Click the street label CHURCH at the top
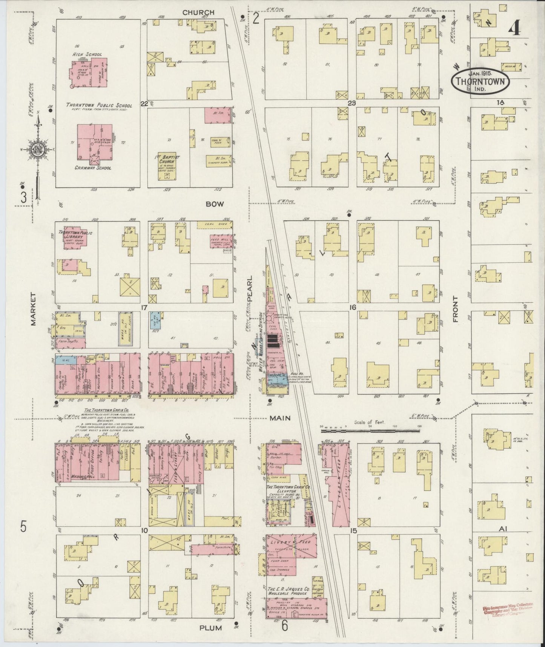[x=198, y=12]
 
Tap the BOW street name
[x=215, y=204]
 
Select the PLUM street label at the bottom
[x=211, y=628]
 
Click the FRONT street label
[x=455, y=309]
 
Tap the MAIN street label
[x=279, y=418]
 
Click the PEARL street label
[x=249, y=291]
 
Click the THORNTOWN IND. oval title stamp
[x=480, y=81]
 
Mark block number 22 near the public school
[x=144, y=103]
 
